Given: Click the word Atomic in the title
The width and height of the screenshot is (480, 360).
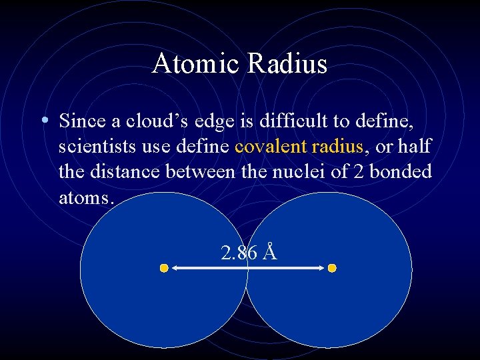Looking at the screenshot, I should tap(197, 64).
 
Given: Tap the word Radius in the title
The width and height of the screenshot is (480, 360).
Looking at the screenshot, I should tap(288, 64).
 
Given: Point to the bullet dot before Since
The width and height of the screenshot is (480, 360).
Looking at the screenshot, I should tap(43, 121).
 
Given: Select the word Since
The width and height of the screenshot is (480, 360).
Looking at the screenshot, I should tap(80, 121).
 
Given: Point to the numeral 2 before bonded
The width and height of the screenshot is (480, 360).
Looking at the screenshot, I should tap(357, 171).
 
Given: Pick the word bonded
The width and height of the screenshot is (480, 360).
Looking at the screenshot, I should tap(401, 171).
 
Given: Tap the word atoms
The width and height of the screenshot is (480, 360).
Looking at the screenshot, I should tap(85, 197).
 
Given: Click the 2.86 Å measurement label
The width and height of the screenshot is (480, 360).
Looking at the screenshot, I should tap(248, 253).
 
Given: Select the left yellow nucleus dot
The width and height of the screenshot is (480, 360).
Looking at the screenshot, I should tap(163, 268).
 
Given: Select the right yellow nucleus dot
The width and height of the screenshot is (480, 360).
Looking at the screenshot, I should tap(332, 268).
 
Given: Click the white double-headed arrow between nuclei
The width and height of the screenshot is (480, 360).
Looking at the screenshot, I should tap(247, 268).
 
